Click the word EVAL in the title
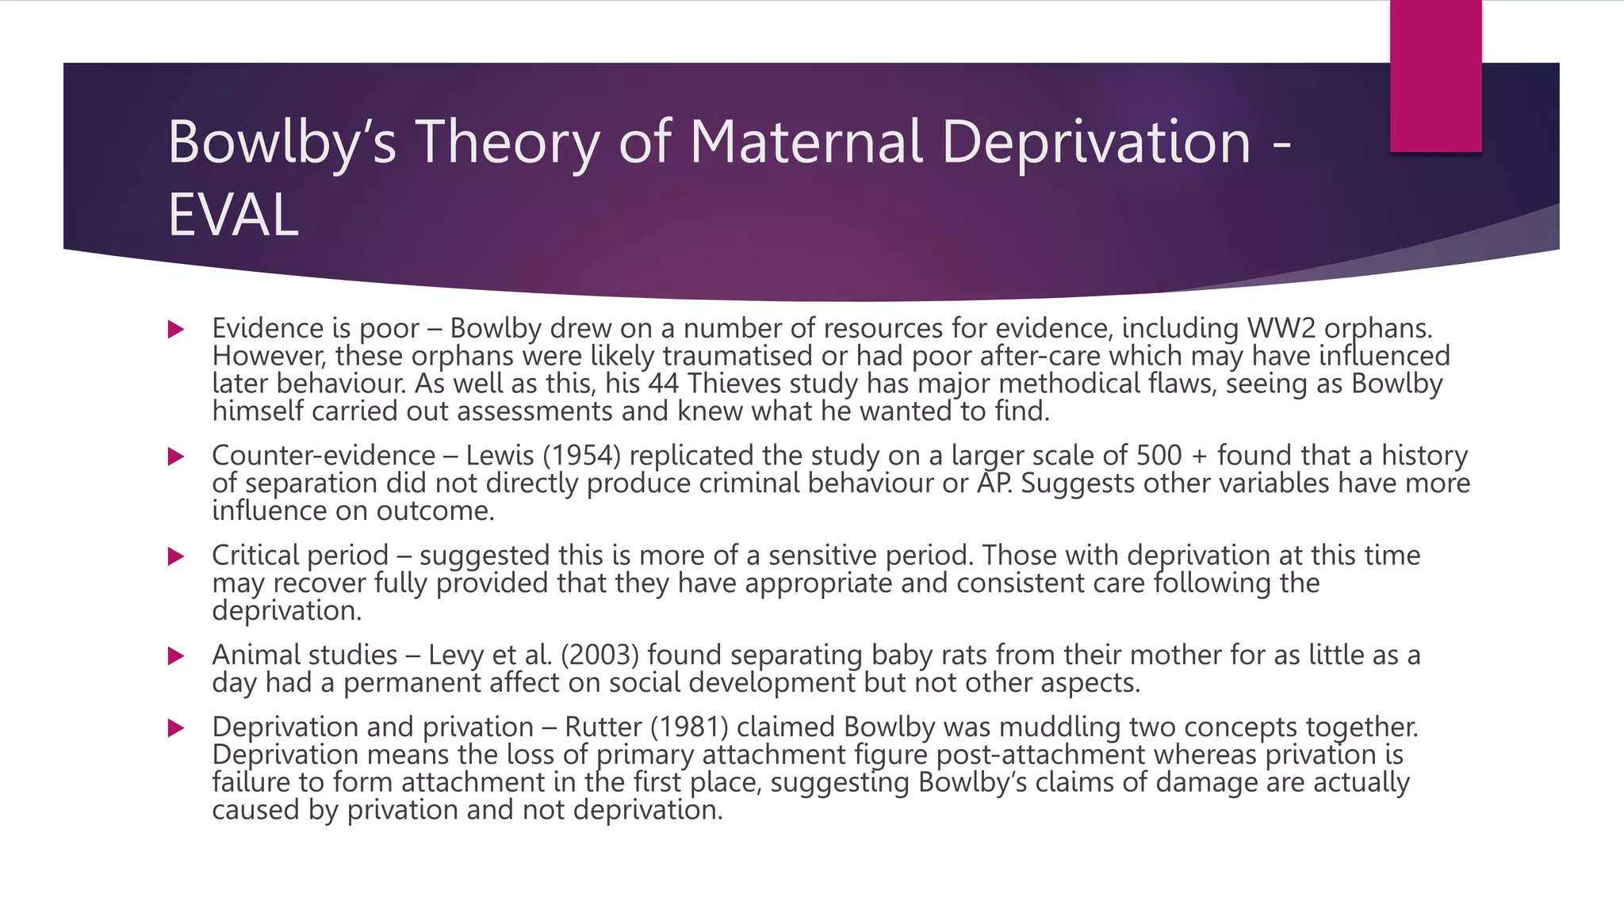[233, 215]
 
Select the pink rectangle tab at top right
[1435, 76]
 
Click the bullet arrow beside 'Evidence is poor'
[176, 329]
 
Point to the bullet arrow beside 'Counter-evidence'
[176, 456]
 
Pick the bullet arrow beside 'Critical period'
[176, 556]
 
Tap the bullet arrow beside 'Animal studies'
[176, 656]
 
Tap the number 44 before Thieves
[664, 384]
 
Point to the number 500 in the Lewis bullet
[1159, 456]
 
